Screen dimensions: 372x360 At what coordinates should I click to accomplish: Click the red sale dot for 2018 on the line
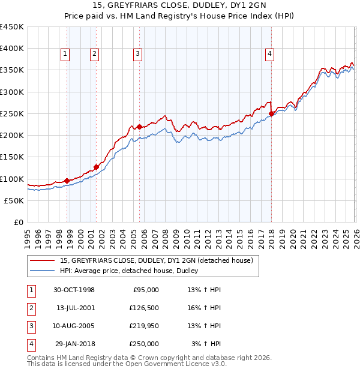(271, 113)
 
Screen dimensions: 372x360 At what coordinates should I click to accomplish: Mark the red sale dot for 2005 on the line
(139, 127)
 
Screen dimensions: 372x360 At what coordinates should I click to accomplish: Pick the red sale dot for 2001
(96, 167)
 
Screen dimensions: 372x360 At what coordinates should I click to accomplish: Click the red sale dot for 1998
(67, 181)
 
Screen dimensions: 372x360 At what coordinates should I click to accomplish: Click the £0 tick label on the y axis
(19, 222)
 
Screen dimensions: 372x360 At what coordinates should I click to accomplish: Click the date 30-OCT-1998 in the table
(74, 290)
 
